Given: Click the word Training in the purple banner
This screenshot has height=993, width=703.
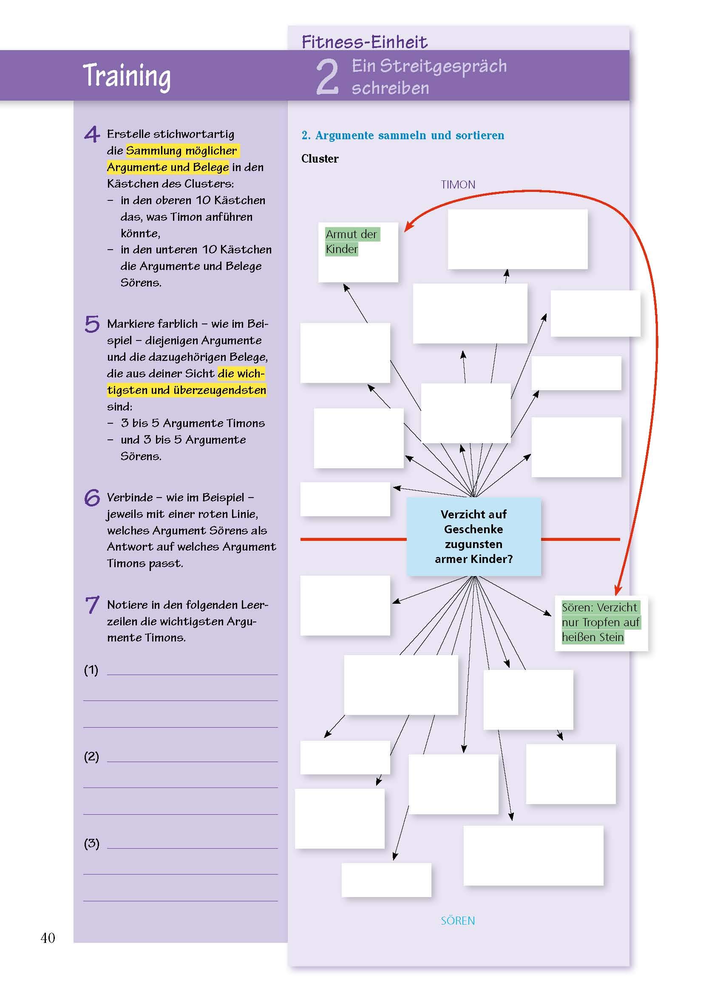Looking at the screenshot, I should pos(126,76).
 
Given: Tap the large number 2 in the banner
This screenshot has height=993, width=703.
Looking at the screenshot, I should pos(327,76).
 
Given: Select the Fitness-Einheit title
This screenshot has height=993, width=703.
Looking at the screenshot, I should pos(364,42).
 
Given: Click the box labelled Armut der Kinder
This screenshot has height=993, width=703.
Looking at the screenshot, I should pos(357,252).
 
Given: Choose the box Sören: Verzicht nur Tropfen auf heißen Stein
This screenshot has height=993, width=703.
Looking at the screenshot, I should pos(601,622).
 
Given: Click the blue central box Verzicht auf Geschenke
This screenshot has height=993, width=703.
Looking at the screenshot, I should pos(473,536).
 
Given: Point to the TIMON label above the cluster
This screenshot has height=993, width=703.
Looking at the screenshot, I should pos(458,185).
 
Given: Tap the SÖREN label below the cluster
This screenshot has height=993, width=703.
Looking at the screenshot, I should pos(458,920).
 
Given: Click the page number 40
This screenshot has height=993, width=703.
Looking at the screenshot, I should pos(48,938).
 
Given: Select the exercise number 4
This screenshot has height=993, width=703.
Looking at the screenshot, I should pos(92,134).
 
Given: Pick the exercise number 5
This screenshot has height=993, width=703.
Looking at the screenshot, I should pos(92,324).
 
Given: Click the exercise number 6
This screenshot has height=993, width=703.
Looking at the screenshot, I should pos(92,498).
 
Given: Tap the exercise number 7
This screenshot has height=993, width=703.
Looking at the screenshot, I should pos(92,605).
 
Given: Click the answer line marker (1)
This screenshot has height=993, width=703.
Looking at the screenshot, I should pos(91,670).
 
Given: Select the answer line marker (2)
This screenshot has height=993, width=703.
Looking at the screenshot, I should pos(91,757).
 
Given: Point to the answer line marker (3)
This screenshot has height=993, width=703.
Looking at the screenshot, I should pos(91,843).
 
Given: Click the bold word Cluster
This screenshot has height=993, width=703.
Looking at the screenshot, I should pos(320,159).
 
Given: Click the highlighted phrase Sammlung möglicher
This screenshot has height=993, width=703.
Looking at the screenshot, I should pos(182,151).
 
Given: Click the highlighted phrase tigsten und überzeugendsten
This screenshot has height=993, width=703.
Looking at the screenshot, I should pos(186,390).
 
